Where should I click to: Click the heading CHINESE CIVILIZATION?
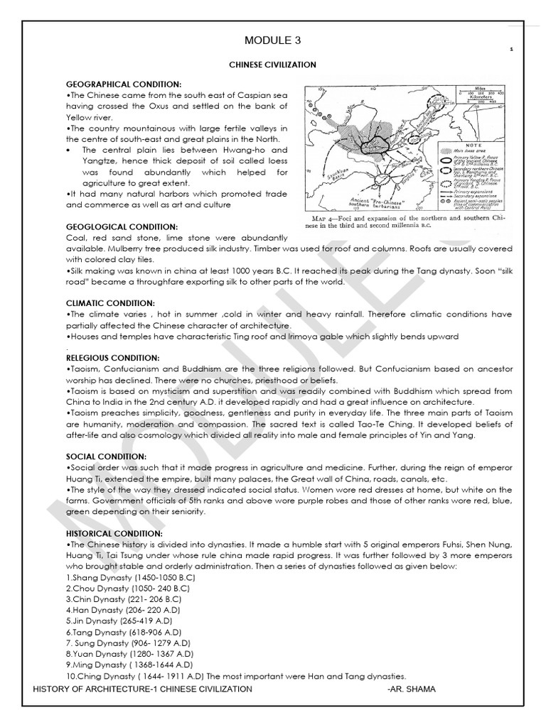[272, 65]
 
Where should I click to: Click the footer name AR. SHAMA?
[416, 689]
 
